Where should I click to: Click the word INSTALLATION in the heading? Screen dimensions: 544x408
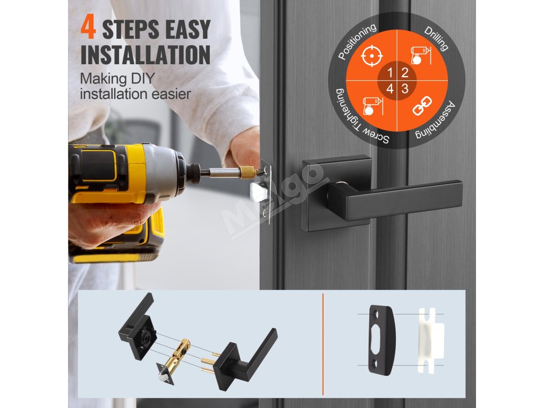146,55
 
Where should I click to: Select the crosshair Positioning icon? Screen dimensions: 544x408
371,55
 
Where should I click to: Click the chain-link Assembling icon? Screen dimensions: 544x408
422,106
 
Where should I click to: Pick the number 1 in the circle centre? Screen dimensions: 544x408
389,73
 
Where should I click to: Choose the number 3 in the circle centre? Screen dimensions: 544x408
405,89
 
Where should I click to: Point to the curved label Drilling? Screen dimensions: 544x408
436,38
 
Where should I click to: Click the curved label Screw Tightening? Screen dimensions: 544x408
358,120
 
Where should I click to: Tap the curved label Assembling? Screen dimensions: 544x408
438,122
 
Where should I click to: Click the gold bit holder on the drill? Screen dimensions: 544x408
247,172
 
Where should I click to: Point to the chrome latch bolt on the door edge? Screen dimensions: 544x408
258,192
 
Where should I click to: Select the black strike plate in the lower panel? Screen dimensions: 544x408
381,340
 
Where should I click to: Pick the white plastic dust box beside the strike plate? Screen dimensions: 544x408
430,341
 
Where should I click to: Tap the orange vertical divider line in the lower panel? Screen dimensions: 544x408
323,344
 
